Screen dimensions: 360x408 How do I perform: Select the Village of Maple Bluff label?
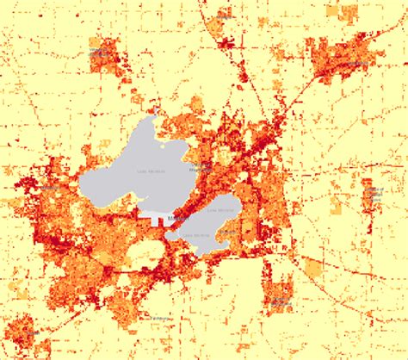[x=203, y=166]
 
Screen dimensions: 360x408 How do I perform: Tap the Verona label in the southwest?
[x=24, y=330]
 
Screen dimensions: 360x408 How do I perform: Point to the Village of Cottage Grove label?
[x=373, y=193]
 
